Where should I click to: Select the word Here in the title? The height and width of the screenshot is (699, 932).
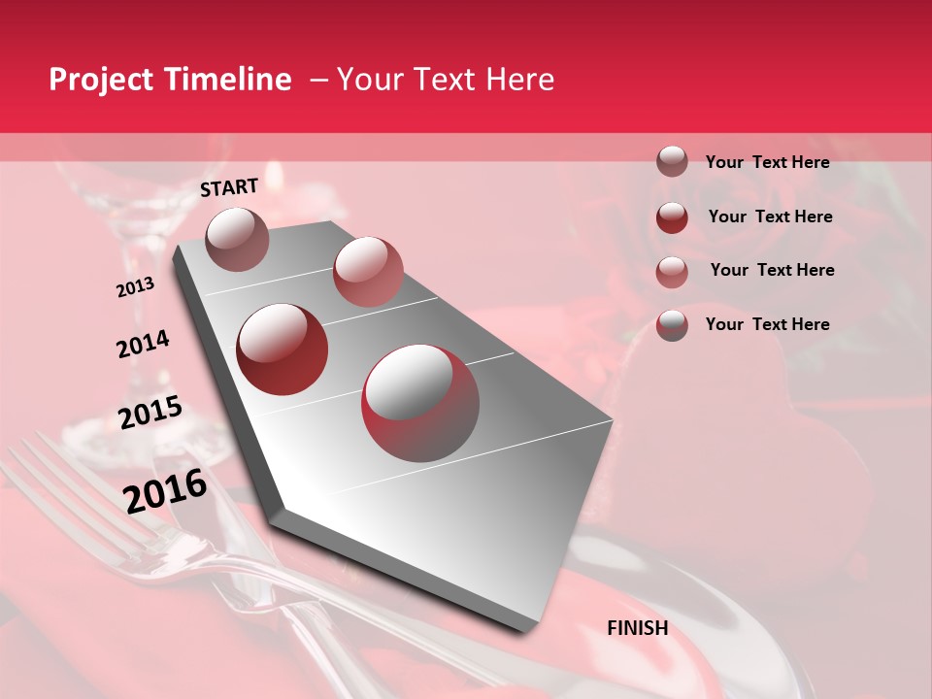tap(520, 81)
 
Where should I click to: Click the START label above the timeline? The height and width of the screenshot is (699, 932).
tap(229, 187)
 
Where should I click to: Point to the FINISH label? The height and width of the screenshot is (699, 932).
tap(638, 628)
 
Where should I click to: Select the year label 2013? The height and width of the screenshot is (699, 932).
tap(135, 287)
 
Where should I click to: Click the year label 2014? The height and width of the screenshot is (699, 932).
tap(143, 345)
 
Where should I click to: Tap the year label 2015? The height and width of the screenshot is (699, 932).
tap(150, 413)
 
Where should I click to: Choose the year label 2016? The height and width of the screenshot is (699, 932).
tap(165, 490)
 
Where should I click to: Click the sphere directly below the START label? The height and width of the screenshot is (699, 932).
tap(237, 239)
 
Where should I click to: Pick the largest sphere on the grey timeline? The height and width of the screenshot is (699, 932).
tap(420, 402)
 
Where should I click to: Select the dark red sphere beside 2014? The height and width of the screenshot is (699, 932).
tap(283, 349)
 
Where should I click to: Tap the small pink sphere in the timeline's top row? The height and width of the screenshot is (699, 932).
tap(368, 271)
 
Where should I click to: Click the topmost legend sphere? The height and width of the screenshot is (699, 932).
tap(672, 161)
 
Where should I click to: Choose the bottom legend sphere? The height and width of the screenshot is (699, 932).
tap(672, 324)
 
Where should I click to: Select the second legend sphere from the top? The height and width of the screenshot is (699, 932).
tap(672, 216)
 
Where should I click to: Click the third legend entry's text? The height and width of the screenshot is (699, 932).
tap(772, 270)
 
